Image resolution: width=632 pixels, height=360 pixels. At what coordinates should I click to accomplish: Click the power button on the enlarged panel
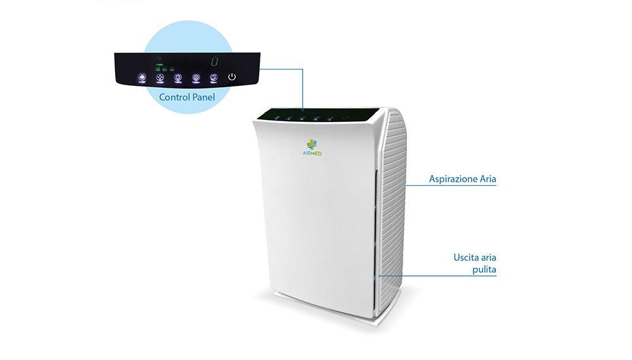pyautogui.click(x=232, y=77)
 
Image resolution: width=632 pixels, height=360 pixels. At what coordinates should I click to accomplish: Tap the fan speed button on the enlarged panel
pyautogui.click(x=160, y=78)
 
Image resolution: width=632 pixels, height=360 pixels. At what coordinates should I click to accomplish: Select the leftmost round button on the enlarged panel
pyautogui.click(x=142, y=78)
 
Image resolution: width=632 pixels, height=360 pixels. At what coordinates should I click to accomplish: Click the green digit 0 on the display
pyautogui.click(x=214, y=62)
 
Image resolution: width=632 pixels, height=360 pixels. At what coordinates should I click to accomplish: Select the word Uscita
pyautogui.click(x=466, y=258)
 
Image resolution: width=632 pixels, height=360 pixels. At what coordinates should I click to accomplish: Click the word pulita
pyautogui.click(x=483, y=270)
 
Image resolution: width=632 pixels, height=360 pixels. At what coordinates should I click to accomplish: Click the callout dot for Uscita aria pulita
pyautogui.click(x=379, y=276)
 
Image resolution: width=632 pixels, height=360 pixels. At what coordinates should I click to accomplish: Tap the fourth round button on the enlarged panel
pyautogui.click(x=196, y=78)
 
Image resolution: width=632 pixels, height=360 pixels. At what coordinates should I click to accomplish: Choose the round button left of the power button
pyautogui.click(x=214, y=78)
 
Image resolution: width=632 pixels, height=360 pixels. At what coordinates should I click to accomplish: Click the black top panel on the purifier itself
pyautogui.click(x=316, y=116)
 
